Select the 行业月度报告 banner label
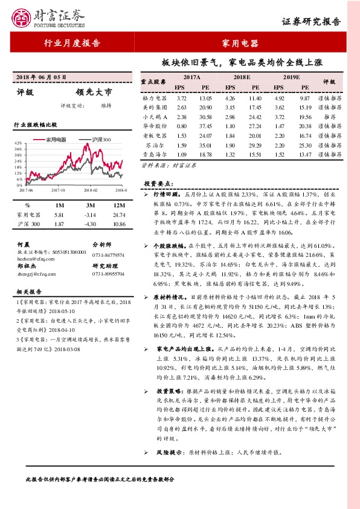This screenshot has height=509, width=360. pos(72,44)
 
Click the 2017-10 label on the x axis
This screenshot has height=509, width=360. pos(59,190)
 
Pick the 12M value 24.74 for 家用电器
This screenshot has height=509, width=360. pos(118,215)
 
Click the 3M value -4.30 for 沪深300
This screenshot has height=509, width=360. pos(91,224)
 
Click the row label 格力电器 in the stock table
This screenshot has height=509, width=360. pos(155,98)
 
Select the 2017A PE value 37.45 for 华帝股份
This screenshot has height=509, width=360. pos(206,126)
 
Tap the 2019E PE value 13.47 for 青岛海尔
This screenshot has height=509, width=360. pos(304,155)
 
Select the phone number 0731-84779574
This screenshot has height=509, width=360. pos(108,255)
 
